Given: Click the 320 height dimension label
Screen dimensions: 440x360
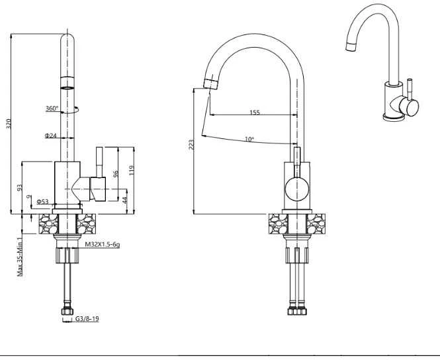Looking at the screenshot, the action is [x=9, y=123].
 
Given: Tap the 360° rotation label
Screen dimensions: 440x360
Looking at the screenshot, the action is [x=52, y=109].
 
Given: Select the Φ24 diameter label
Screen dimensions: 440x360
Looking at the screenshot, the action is [x=50, y=136].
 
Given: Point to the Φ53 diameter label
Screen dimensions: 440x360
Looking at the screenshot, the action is [x=42, y=201].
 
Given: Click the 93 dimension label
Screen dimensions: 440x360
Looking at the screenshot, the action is [x=19, y=187].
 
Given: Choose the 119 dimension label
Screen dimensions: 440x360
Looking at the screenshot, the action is [x=132, y=170].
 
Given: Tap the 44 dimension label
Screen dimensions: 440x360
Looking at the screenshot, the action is [x=125, y=199].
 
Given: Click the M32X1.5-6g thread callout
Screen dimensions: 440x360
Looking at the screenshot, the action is [x=103, y=244].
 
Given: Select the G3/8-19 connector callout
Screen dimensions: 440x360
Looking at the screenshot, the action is [x=87, y=319].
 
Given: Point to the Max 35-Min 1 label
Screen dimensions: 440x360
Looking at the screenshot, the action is [x=20, y=257].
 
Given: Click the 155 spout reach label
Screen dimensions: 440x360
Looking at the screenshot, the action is [x=255, y=112].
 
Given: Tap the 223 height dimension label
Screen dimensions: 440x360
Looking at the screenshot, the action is [x=191, y=144].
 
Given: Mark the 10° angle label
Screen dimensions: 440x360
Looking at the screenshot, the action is [x=249, y=139].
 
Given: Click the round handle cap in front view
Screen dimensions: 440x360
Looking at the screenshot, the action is [x=297, y=189].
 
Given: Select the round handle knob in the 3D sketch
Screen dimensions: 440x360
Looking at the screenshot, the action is [x=409, y=107].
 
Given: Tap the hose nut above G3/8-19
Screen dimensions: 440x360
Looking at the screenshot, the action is [x=67, y=311].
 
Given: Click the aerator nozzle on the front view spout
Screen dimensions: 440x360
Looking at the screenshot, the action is [x=210, y=84].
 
